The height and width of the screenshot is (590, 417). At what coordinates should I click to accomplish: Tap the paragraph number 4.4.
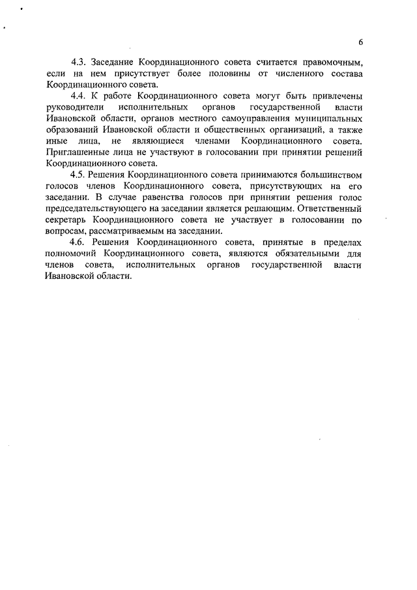coord(79,95)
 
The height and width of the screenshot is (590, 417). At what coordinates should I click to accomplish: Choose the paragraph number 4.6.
coord(79,243)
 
